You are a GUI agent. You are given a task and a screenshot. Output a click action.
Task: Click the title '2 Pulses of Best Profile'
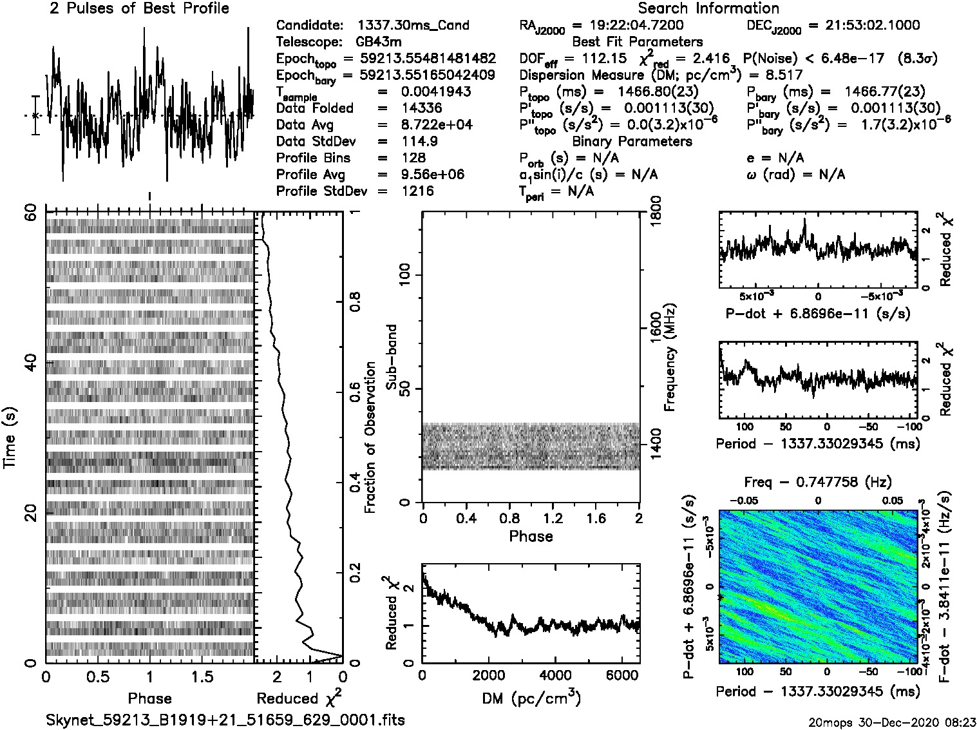[x=139, y=8]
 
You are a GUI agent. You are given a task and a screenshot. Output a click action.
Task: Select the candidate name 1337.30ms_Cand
[x=413, y=26]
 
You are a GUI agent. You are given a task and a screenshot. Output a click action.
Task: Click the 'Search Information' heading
[x=708, y=8]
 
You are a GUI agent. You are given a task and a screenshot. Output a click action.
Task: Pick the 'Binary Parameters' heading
[x=632, y=142]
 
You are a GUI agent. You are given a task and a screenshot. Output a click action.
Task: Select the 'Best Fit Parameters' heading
[x=638, y=42]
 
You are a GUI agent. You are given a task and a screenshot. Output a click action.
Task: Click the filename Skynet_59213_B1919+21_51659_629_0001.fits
[x=225, y=720]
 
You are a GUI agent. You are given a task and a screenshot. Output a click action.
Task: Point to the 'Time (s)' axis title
[x=10, y=437]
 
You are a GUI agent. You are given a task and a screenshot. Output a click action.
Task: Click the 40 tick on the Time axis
[x=30, y=362]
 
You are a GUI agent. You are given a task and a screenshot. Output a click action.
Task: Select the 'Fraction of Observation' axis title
[x=370, y=437]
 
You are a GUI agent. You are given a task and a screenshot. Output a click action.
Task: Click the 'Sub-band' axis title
[x=391, y=357]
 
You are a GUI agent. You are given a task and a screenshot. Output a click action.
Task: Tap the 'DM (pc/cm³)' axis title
[x=531, y=698]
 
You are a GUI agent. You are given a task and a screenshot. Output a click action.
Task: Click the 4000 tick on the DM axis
[x=555, y=675]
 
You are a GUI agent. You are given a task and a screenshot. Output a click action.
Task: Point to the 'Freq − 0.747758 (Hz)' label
[x=818, y=482]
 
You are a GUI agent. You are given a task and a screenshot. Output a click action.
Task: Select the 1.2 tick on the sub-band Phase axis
[x=553, y=518]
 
